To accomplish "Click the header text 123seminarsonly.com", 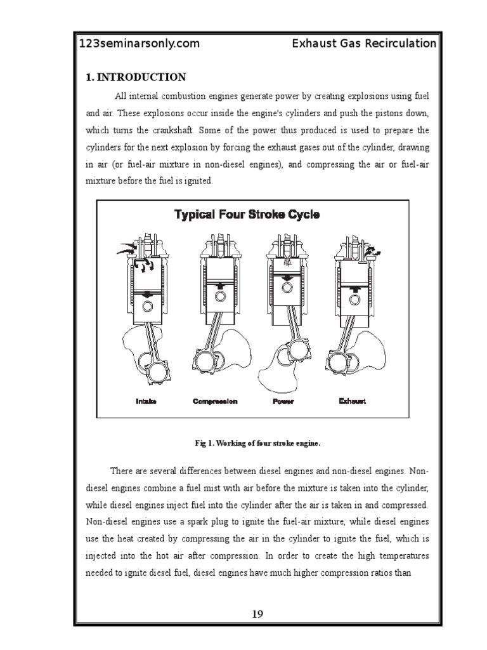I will pyautogui.click(x=139, y=44).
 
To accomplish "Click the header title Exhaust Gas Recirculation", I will pyautogui.click(x=364, y=44).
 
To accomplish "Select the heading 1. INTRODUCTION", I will pyautogui.click(x=136, y=77).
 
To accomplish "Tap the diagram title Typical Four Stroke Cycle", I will pyautogui.click(x=247, y=215).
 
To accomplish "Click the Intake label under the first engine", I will pyautogui.click(x=146, y=401).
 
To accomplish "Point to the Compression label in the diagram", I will pyautogui.click(x=215, y=401).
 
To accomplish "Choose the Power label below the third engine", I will pyautogui.click(x=283, y=401).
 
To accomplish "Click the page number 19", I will pyautogui.click(x=257, y=614).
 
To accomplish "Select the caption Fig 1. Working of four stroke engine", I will pyautogui.click(x=257, y=442).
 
